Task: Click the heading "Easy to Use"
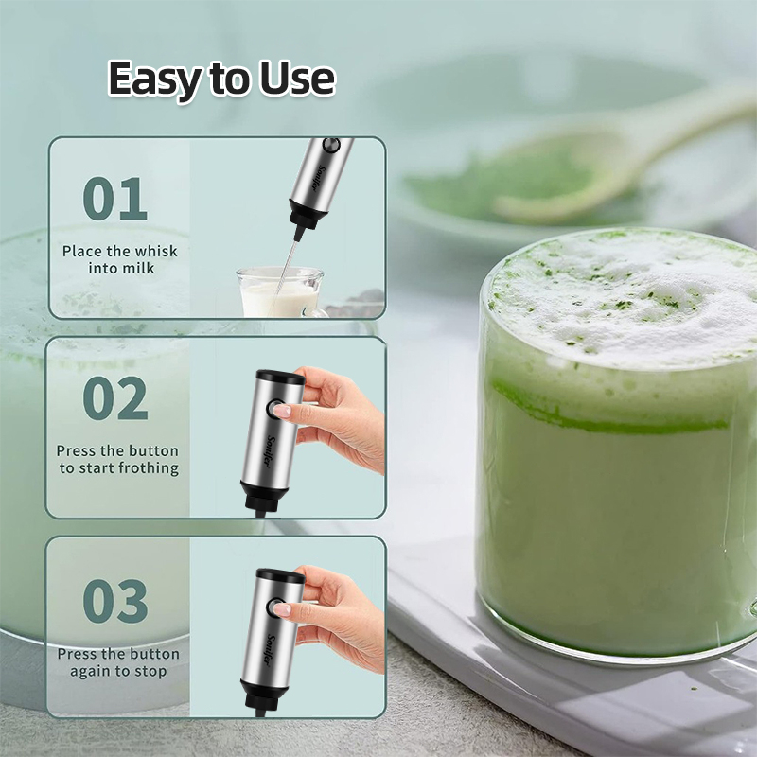tap(220, 79)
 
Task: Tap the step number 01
tap(114, 199)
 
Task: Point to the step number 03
tap(114, 601)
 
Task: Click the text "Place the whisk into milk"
tap(120, 259)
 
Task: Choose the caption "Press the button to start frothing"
tap(118, 459)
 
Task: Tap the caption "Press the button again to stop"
tap(118, 662)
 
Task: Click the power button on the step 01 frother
tap(331, 146)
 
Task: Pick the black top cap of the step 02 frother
tap(280, 377)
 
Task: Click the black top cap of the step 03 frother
tap(280, 574)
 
